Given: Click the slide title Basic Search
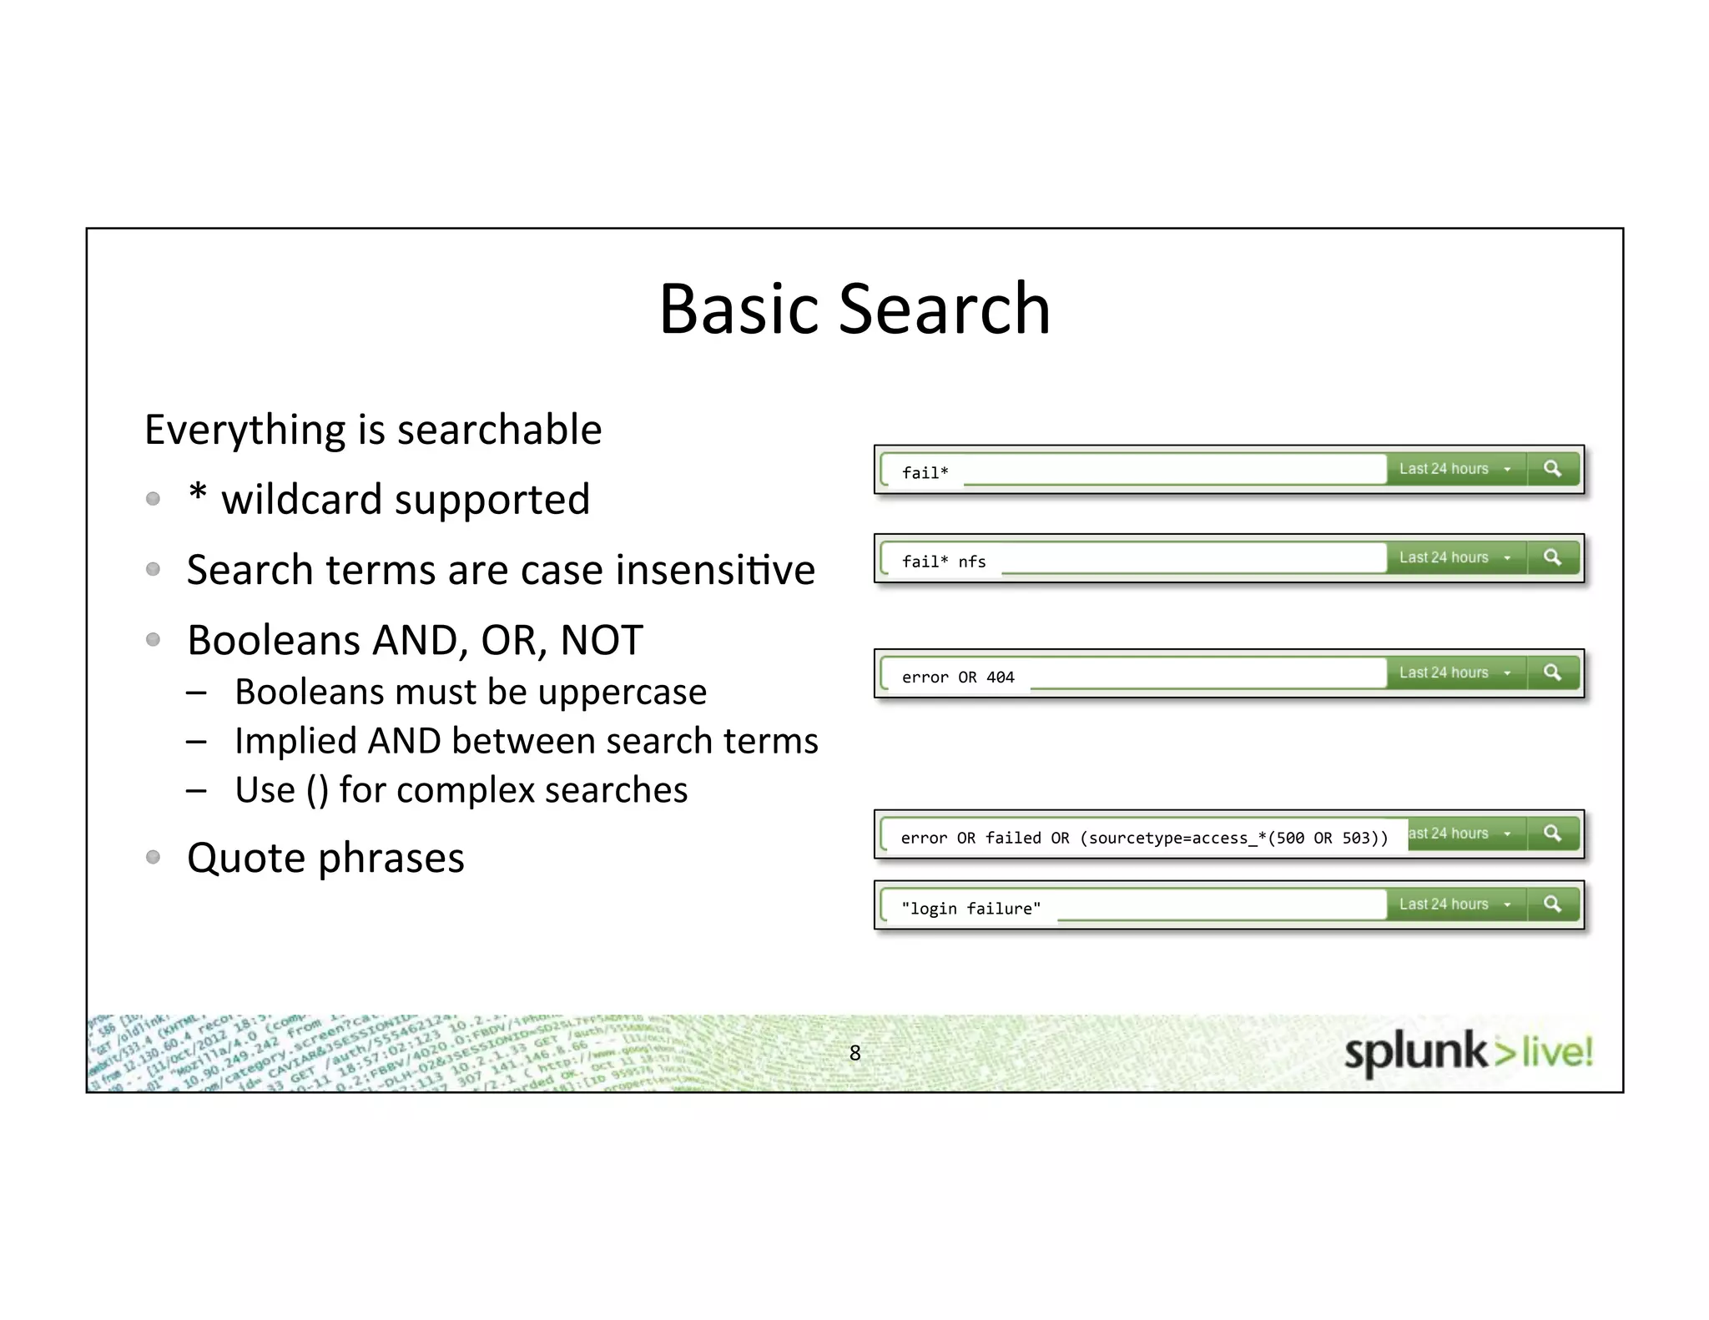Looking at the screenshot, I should [854, 309].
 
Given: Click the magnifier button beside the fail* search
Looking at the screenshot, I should [1552, 469].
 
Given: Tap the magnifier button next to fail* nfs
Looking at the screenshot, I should [1552, 557].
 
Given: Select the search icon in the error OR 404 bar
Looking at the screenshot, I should [1552, 673].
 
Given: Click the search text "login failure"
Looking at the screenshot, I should [970, 909].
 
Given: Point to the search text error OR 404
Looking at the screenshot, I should [958, 678].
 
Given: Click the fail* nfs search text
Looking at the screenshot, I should [944, 562].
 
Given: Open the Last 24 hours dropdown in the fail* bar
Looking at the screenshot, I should [1454, 469].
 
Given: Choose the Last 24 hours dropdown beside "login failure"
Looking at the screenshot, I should [1454, 904].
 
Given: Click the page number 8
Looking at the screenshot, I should [854, 1053].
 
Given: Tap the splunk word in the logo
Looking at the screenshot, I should [1415, 1053].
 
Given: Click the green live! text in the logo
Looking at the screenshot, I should [1557, 1051].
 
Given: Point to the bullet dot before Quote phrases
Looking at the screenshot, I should [153, 857].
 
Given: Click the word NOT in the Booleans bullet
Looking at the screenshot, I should [601, 641].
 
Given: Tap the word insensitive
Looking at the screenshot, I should [715, 571].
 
